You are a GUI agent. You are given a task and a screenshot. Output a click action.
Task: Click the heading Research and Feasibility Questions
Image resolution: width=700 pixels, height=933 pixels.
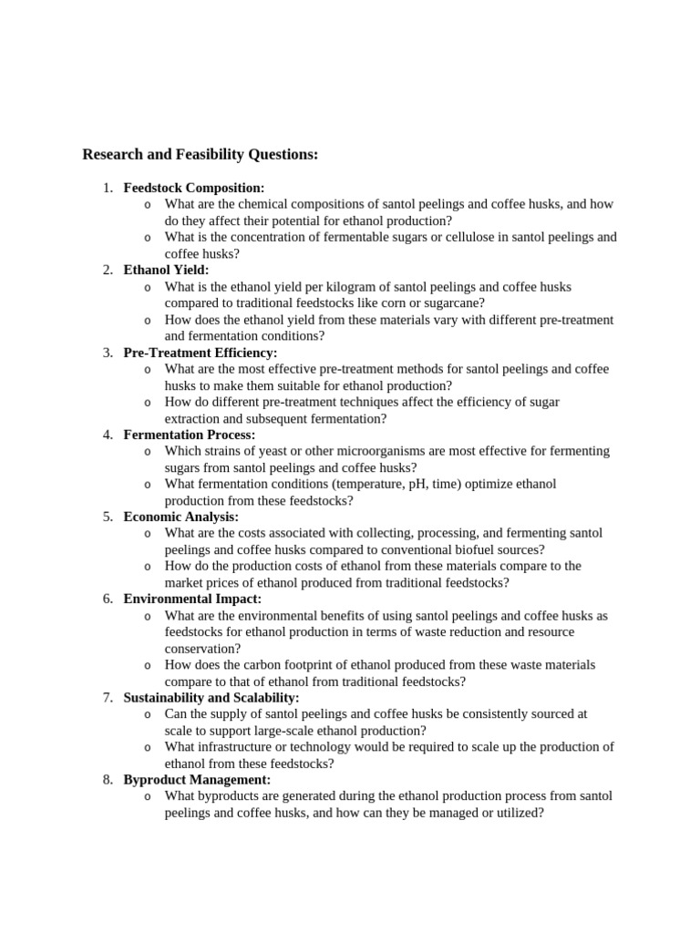tap(200, 155)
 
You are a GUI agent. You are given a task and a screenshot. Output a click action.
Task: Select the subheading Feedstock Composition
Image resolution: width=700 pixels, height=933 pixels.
tap(193, 188)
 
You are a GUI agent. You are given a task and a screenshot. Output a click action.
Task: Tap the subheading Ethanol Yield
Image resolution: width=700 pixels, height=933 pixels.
tap(166, 270)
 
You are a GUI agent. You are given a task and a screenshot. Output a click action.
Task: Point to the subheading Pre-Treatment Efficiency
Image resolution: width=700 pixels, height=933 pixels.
tap(201, 353)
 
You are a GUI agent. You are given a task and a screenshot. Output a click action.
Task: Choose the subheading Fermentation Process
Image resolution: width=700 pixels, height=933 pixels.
tap(189, 435)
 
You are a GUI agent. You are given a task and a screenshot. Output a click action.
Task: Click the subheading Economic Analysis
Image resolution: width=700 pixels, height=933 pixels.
tap(180, 517)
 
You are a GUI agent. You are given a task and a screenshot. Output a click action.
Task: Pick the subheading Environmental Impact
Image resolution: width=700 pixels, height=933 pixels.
tap(192, 599)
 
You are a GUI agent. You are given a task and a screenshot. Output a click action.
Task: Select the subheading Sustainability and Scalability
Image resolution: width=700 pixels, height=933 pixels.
tap(211, 698)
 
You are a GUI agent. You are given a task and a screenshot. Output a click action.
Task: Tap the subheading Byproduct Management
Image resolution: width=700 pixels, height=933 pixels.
tap(197, 780)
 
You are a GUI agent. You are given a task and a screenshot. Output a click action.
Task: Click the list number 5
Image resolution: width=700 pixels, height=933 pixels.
tap(107, 517)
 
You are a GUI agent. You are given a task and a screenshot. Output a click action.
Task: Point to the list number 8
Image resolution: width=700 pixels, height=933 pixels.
tap(107, 780)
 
